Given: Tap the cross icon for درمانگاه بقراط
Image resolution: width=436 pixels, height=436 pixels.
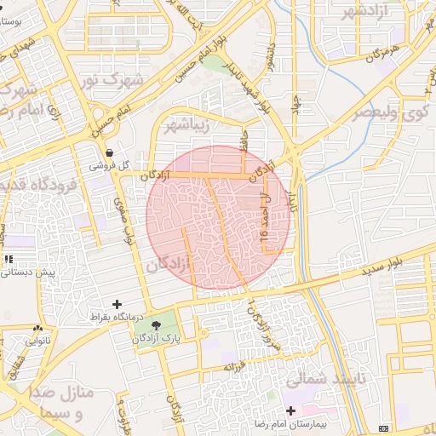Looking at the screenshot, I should pos(117,304).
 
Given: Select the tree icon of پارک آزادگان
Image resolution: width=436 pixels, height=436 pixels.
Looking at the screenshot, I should pos(156,325).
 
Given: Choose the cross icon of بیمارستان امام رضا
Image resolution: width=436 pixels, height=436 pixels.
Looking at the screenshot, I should pos(291,410).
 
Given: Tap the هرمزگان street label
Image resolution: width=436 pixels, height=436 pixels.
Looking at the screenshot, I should pos(384,54).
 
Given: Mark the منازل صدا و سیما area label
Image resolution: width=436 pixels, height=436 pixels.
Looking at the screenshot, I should pos(72,405).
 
